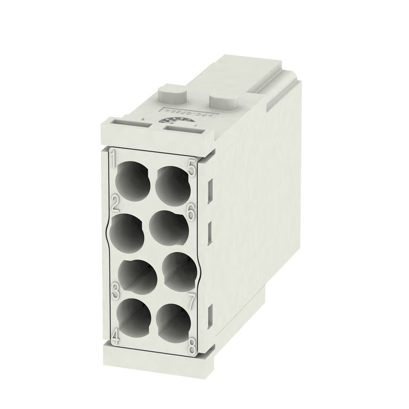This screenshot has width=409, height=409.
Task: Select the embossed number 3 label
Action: click(116, 291)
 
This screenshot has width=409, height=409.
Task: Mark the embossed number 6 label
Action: click(190, 212)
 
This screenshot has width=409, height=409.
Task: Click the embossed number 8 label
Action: click(192, 346)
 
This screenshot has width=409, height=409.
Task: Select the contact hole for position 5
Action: click(172, 183)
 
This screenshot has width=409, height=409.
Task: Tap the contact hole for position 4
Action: click(136, 317)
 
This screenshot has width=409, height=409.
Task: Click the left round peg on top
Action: click(172, 94)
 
